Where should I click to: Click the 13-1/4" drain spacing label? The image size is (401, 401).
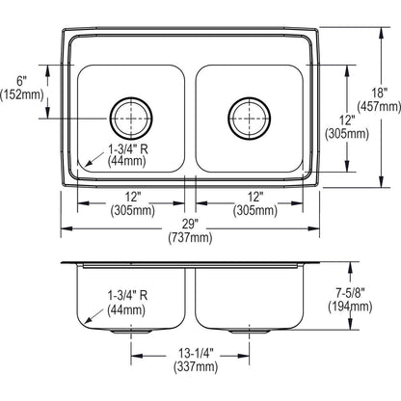[193, 354]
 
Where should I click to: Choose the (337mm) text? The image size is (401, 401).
[193, 367]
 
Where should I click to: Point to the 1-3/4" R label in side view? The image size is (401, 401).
[126, 294]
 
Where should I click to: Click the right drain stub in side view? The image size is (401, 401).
[254, 330]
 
